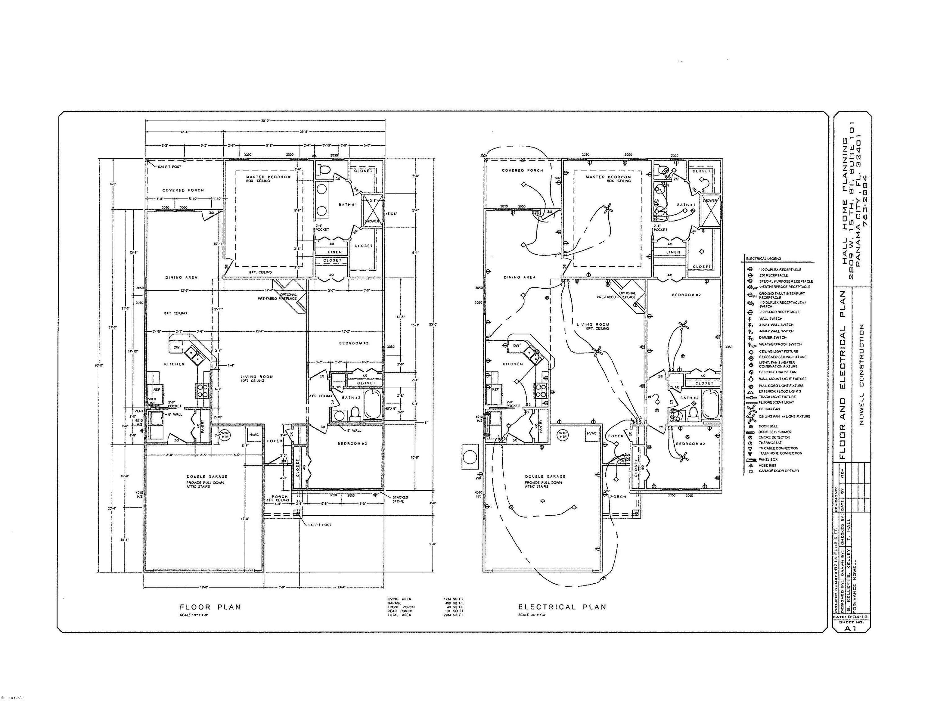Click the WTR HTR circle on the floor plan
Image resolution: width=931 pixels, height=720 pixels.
[225, 435]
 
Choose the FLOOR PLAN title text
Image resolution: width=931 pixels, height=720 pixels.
[210, 607]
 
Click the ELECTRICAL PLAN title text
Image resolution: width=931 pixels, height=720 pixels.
[562, 607]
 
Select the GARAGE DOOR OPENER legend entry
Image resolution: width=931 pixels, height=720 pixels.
[778, 471]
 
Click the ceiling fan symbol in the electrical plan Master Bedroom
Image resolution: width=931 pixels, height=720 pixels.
[607, 209]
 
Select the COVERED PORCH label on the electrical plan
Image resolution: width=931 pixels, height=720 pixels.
[522, 170]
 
